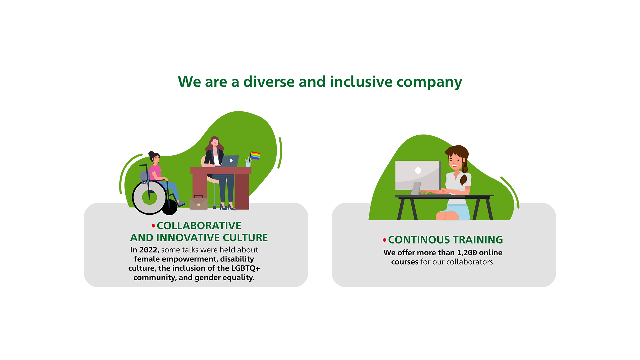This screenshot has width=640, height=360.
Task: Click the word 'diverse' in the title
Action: click(x=269, y=82)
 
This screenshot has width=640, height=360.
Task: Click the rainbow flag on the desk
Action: click(x=255, y=156)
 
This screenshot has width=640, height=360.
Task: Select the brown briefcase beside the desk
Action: click(x=198, y=203)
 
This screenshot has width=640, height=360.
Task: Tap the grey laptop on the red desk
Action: click(x=230, y=161)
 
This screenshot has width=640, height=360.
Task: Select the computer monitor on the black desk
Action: click(x=418, y=176)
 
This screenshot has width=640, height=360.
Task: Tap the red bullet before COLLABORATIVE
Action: click(x=153, y=226)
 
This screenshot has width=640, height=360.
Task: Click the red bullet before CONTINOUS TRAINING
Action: click(x=384, y=240)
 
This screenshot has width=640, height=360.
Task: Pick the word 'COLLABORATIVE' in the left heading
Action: click(x=199, y=226)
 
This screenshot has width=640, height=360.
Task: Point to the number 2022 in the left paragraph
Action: click(x=149, y=250)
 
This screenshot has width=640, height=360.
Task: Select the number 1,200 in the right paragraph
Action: click(x=467, y=253)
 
